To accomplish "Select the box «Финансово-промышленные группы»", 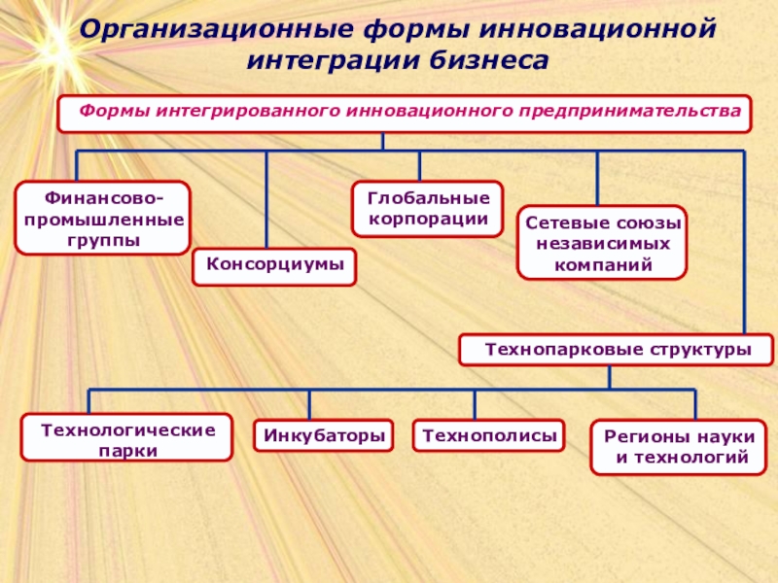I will click(102, 219).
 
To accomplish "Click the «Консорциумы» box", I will click(274, 265).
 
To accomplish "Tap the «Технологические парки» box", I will click(127, 437).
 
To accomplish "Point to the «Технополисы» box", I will click(489, 436).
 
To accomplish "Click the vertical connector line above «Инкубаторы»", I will click(310, 404).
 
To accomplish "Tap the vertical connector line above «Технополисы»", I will click(476, 404).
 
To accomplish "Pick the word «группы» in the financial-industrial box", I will click(102, 238).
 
